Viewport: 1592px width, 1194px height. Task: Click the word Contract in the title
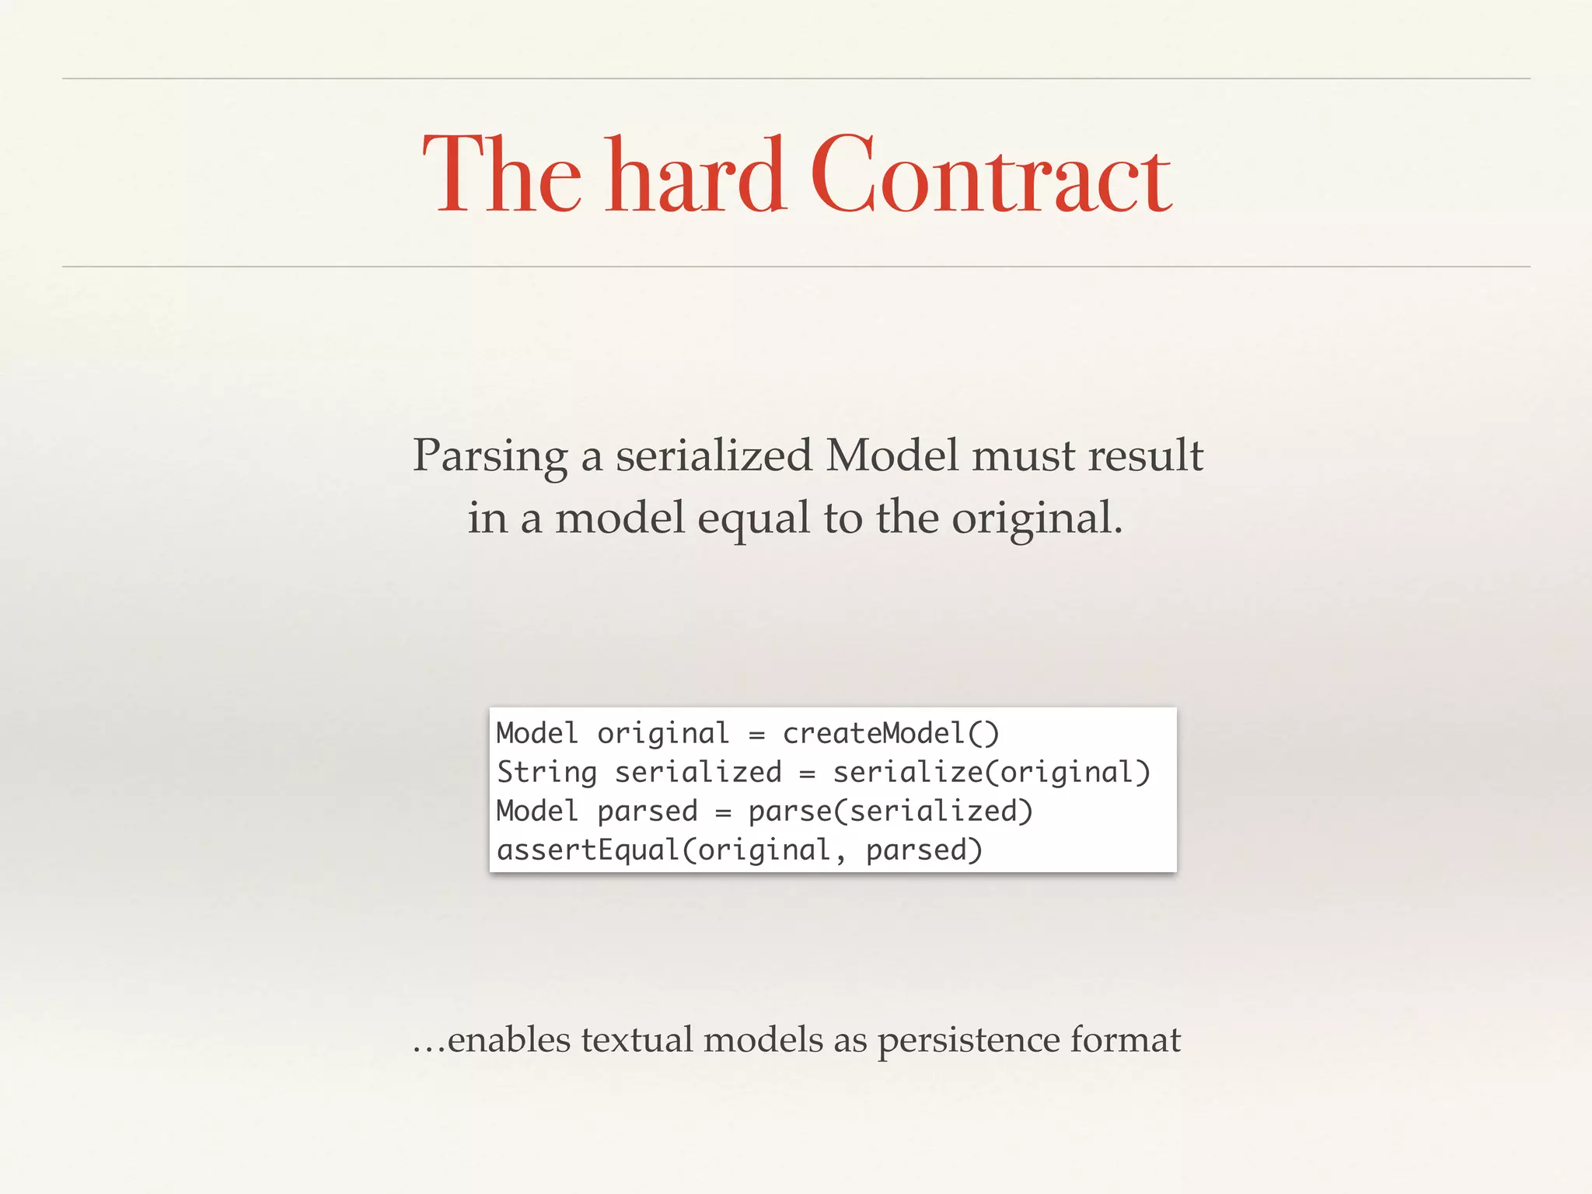click(x=990, y=176)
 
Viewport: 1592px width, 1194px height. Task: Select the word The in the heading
click(x=501, y=176)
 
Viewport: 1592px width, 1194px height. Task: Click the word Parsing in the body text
click(x=490, y=456)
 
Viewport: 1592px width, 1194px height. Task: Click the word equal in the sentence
click(x=754, y=518)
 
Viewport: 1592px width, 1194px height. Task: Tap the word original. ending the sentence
click(x=1038, y=518)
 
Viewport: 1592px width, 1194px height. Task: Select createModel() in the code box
click(x=891, y=733)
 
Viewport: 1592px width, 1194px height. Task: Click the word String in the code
click(x=546, y=772)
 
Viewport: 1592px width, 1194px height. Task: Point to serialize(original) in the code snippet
click(x=991, y=772)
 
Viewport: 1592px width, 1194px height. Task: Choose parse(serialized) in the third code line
click(x=890, y=811)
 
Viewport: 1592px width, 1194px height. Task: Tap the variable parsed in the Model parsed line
click(x=648, y=812)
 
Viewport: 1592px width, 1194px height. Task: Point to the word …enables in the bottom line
click(x=491, y=1039)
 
